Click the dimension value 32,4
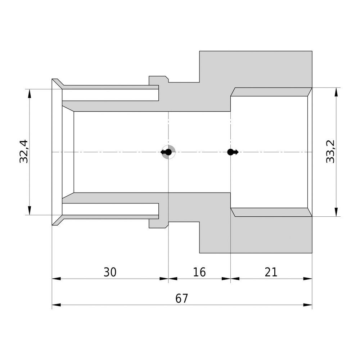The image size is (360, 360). (x=24, y=151)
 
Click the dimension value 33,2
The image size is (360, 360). (x=330, y=152)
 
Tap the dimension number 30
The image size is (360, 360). (x=110, y=272)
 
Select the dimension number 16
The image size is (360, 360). (x=199, y=272)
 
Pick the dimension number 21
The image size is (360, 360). (x=271, y=272)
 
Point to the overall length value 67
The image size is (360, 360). (x=181, y=298)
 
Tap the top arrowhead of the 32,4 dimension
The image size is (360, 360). (x=30, y=94)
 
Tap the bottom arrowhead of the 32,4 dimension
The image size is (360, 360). (x=30, y=211)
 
